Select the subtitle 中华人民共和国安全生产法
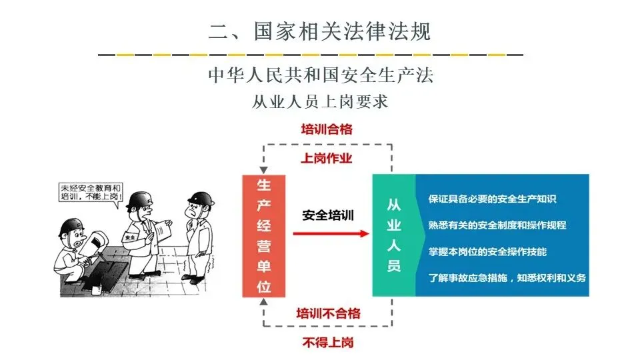click(x=320, y=75)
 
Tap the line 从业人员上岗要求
click(x=320, y=102)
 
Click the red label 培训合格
click(x=326, y=129)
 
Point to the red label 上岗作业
click(x=326, y=158)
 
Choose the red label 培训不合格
click(x=328, y=313)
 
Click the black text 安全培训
click(x=327, y=215)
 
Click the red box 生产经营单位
click(x=263, y=235)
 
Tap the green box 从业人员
click(x=393, y=235)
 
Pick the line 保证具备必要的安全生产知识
click(x=493, y=199)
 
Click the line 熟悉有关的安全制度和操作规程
click(x=497, y=225)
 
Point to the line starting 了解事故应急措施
click(x=507, y=277)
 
